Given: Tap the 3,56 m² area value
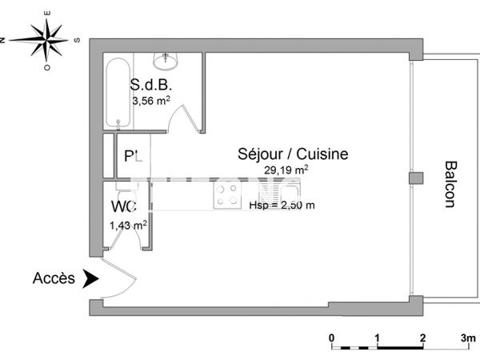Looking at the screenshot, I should pos(151,101).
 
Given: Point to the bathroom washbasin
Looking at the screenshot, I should pos(168,59).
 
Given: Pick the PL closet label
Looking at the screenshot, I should pos(134,157).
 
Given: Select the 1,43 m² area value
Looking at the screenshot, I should pos(128,226).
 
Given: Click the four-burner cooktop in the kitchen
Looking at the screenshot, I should pos(226,194).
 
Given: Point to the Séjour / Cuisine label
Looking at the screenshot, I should pos(293,154).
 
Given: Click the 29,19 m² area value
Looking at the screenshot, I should pos(287,170).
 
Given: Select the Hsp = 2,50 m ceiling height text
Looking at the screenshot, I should pos(282,205).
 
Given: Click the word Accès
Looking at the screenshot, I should pos(54,278).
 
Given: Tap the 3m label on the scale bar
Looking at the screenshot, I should pos(466,338).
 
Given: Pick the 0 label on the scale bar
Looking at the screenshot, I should pos(332,338).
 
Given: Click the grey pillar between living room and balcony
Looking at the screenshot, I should pos(414,178).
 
